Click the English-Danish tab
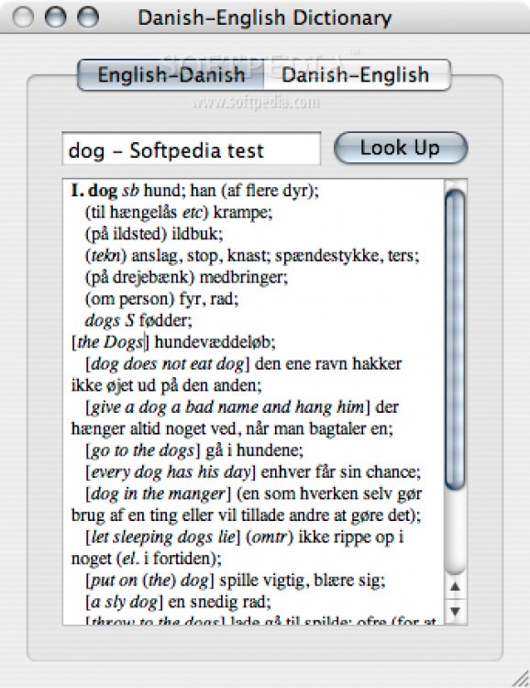pos(171,75)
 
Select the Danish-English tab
pos(356,75)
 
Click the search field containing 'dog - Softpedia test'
pos(191,150)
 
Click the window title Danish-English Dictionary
pos(264,17)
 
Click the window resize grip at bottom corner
pos(519,677)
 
